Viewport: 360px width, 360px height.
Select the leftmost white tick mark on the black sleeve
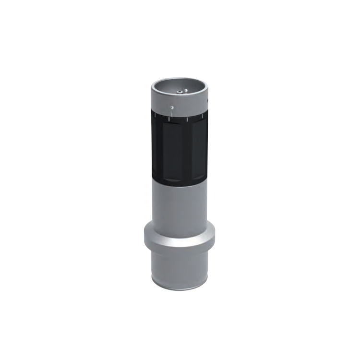(x=155, y=116)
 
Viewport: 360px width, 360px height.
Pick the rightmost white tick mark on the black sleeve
(x=202, y=116)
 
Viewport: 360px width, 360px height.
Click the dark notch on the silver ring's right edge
(x=207, y=100)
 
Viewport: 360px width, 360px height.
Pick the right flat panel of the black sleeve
(x=197, y=149)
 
